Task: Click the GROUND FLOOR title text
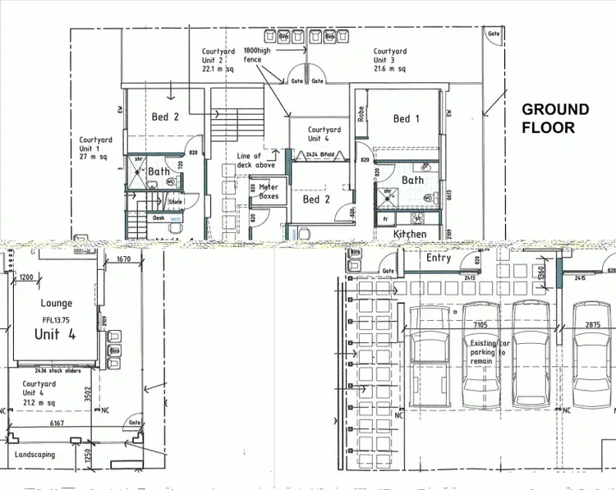(x=556, y=118)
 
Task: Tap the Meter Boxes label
(x=269, y=192)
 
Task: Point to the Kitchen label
(x=409, y=234)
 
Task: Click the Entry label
(x=439, y=258)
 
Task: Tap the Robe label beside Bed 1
(x=361, y=113)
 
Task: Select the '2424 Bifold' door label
(x=323, y=154)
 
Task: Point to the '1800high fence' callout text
(x=257, y=56)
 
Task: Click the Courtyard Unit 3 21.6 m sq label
(x=389, y=61)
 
